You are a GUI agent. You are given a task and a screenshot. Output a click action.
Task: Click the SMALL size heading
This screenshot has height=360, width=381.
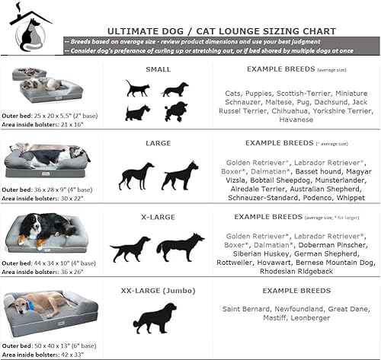point(158,69)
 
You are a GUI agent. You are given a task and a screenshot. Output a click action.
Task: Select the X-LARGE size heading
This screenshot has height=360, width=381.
point(158,217)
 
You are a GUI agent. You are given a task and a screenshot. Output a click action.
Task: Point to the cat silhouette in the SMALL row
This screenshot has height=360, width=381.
point(138,88)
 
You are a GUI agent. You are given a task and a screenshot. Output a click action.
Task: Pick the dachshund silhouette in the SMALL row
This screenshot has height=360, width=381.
point(176,88)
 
